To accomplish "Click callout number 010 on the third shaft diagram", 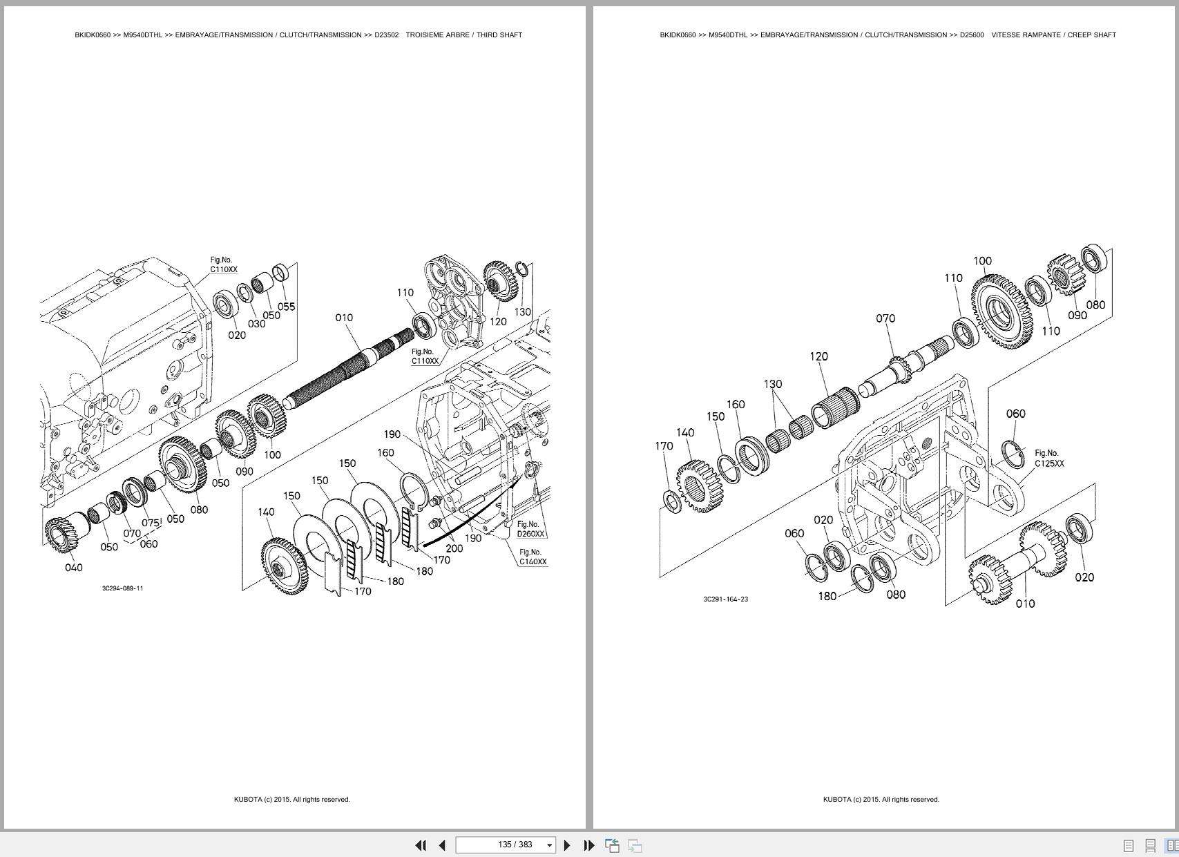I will click(x=344, y=318).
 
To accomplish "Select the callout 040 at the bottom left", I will click(x=73, y=568).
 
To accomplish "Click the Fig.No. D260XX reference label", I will click(x=530, y=529).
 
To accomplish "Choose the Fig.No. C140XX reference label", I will click(x=533, y=557).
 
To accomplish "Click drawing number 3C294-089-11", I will click(x=122, y=588).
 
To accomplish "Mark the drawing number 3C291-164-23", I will click(x=725, y=599).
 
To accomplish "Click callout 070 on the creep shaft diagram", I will click(x=885, y=318).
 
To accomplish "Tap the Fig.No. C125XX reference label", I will click(x=1048, y=459).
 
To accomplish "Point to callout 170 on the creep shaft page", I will click(x=663, y=446).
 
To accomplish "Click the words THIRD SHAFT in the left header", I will click(x=499, y=35).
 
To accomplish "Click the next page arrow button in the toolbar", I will click(x=567, y=845).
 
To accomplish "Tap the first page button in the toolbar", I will click(x=420, y=845).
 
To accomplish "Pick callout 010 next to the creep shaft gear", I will click(x=1025, y=604).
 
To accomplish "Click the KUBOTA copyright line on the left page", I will click(x=291, y=800).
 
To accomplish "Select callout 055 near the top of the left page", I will click(x=286, y=307).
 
